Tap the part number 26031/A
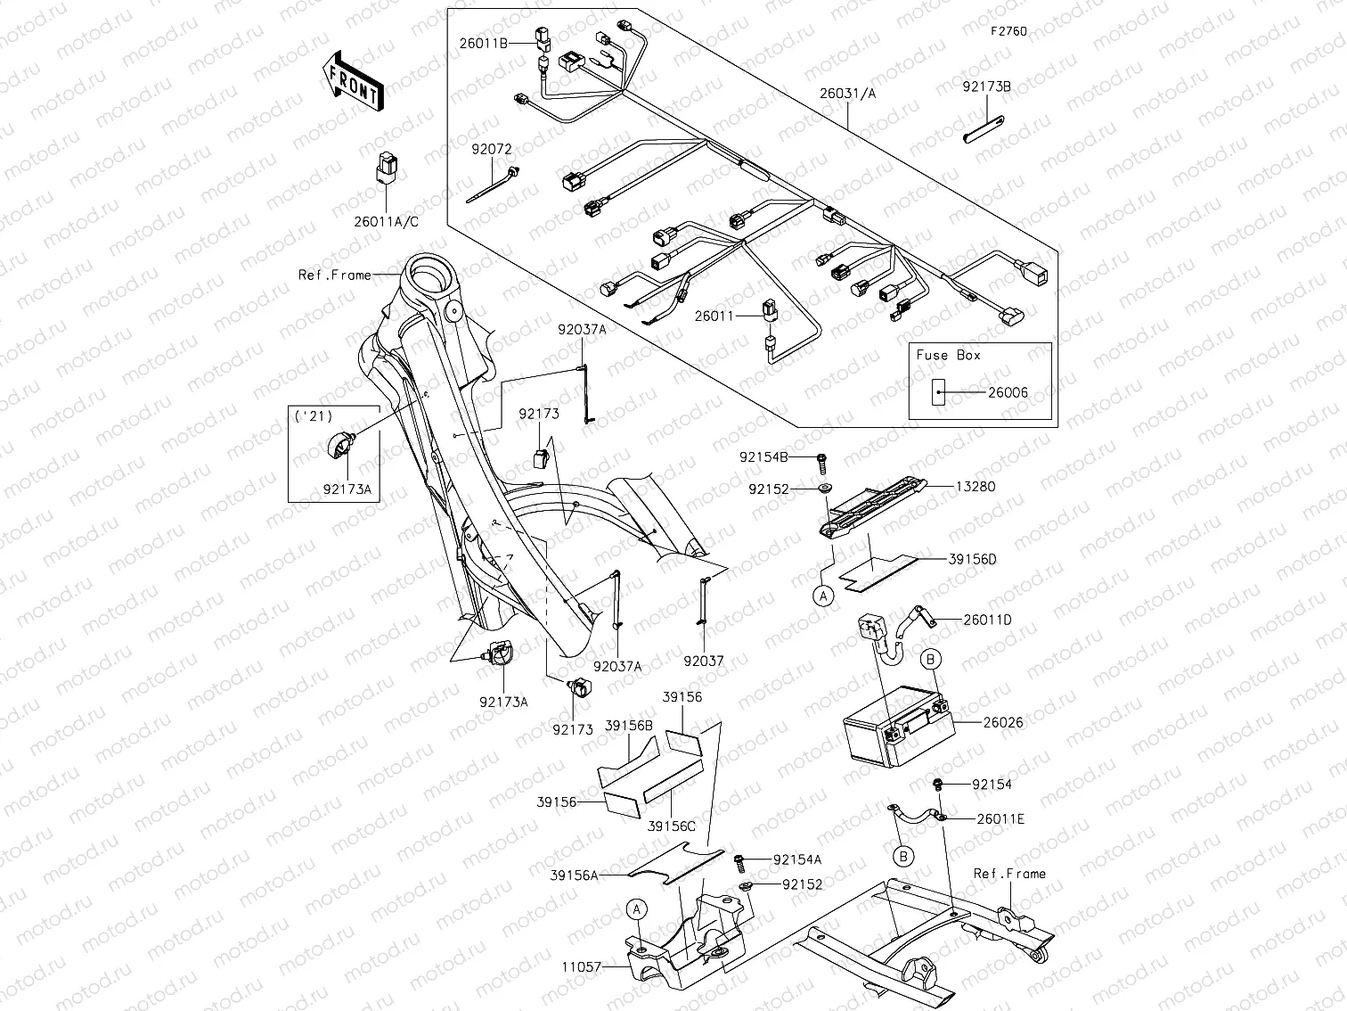click(847, 93)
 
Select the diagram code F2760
click(1008, 31)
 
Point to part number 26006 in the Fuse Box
click(1008, 392)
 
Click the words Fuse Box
click(948, 355)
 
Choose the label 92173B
click(986, 87)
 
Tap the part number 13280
click(976, 487)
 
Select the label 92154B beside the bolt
click(763, 457)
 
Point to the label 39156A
click(575, 875)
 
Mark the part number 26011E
click(1000, 818)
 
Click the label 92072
click(489, 150)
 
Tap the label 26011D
click(987, 620)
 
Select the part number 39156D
click(972, 559)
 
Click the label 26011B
click(485, 41)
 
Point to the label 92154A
click(797, 859)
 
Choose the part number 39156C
click(672, 826)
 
